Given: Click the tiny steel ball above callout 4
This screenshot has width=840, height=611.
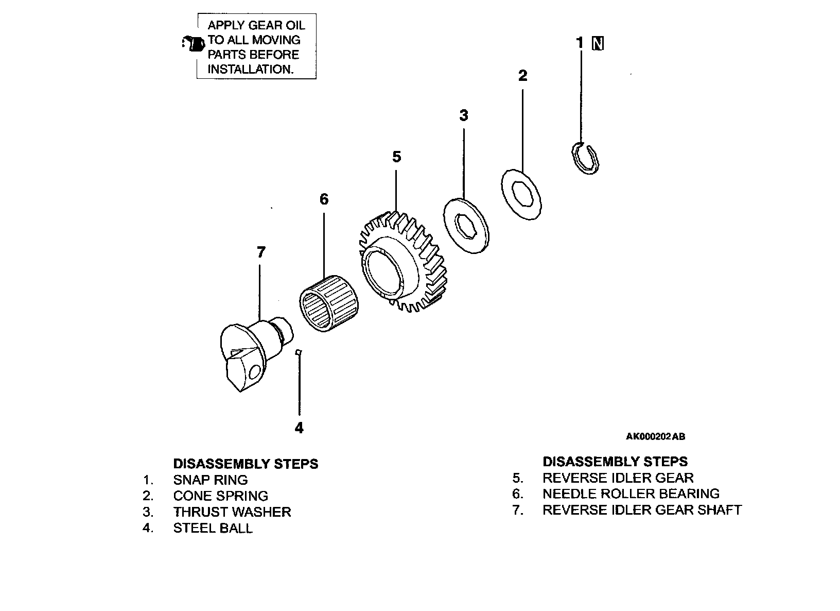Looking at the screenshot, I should click(x=299, y=352).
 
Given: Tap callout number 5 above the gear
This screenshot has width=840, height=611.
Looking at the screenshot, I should click(x=396, y=157).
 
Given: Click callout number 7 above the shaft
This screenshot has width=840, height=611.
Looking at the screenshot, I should click(x=261, y=252).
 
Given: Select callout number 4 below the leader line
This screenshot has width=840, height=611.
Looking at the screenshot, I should click(x=299, y=428).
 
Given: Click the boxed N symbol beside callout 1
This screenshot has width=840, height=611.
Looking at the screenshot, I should click(x=598, y=43).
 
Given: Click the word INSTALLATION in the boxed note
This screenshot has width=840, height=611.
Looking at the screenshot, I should click(x=250, y=70).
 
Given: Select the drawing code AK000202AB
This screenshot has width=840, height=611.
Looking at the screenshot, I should click(x=655, y=437).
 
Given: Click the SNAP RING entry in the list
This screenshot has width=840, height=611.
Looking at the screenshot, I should click(x=211, y=480).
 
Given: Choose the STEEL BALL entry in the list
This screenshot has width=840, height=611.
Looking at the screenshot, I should click(x=213, y=529).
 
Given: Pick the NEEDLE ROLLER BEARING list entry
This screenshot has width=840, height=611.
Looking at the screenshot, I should click(x=631, y=494).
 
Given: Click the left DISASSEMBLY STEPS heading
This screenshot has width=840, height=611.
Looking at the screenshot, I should click(x=246, y=464).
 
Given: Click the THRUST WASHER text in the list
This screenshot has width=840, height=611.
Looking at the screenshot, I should click(x=232, y=512).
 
